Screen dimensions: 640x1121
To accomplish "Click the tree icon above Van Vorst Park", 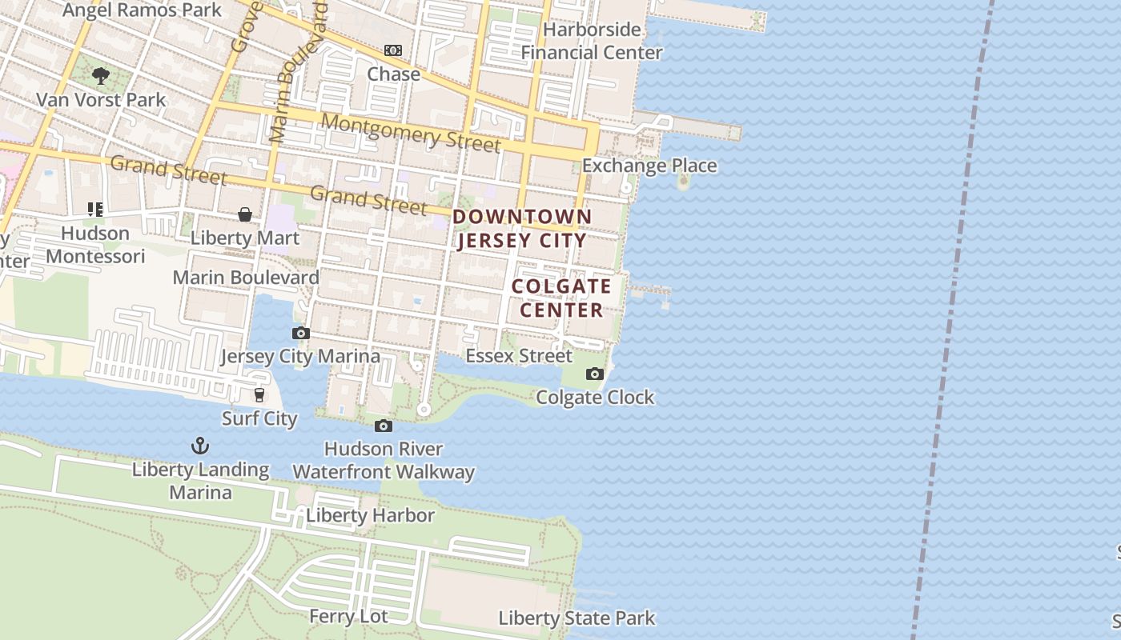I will (101, 76).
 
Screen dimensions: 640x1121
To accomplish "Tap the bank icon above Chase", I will (393, 50).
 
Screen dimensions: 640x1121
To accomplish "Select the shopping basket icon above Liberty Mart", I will (245, 214).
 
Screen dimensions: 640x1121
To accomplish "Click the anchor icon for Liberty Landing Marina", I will (199, 446).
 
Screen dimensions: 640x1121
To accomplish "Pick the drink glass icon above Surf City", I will (259, 394).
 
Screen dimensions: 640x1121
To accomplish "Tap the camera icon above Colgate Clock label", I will (594, 374).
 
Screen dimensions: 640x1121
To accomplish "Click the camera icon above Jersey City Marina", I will (301, 333).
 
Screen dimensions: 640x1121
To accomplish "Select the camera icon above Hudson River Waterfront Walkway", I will (384, 426).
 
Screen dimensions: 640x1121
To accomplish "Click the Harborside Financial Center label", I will (592, 41).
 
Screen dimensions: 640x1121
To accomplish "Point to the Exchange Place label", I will (649, 166).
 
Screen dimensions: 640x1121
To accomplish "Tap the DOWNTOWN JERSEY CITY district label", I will (522, 228).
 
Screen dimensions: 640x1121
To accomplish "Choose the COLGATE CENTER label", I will (561, 298).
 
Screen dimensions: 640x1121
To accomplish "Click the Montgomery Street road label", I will (411, 132).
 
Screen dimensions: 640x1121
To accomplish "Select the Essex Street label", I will (519, 355).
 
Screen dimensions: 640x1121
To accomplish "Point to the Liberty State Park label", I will (577, 618).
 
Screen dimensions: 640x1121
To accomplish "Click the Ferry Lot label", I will (348, 616).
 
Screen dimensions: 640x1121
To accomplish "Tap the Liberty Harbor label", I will (370, 515).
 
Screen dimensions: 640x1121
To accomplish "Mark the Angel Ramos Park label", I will (142, 10).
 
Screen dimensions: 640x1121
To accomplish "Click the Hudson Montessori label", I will (95, 244).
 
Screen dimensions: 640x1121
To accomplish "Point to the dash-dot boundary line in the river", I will (953, 320).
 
